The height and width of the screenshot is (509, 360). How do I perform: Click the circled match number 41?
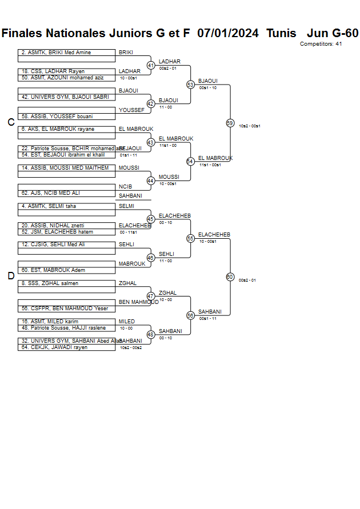click(151, 65)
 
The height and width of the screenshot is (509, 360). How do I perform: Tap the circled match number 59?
click(230, 123)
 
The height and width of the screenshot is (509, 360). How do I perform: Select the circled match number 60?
click(230, 276)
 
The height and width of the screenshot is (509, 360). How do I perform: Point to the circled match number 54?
click(190, 161)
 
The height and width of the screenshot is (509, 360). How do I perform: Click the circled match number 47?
click(151, 296)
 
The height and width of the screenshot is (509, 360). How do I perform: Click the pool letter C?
click(11, 122)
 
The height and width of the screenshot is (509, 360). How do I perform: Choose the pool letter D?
click(11, 276)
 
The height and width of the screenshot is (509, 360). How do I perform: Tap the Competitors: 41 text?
click(321, 44)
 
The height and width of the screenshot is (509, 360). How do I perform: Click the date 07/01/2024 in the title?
click(227, 33)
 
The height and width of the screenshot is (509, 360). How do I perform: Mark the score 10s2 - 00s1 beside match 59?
click(250, 126)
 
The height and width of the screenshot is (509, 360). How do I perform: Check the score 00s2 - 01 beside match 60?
click(247, 280)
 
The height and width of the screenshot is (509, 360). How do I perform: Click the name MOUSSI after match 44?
click(169, 177)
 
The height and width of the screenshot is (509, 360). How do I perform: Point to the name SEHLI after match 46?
click(166, 254)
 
